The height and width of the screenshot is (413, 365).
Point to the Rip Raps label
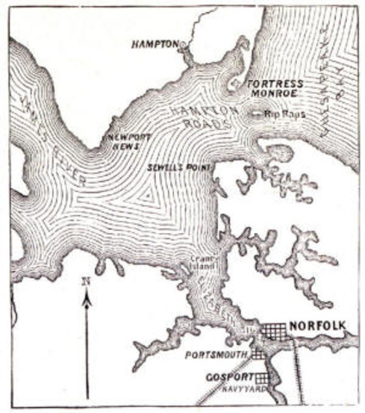(x=282, y=114)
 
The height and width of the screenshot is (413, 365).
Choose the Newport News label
(x=120, y=143)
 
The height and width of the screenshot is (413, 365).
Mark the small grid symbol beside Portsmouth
(x=257, y=354)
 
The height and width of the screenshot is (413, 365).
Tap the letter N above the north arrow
(x=86, y=281)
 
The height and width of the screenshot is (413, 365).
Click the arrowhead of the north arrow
(x=86, y=298)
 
